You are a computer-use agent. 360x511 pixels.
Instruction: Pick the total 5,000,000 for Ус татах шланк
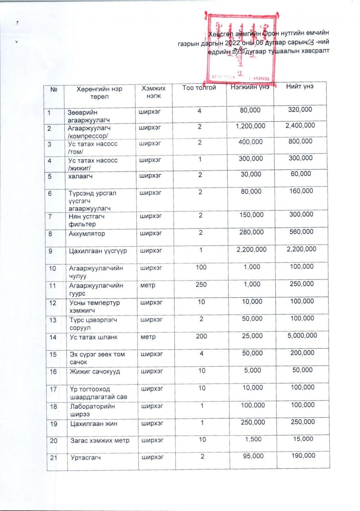click(x=301, y=336)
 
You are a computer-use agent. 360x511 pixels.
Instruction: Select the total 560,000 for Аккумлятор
click(x=300, y=232)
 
